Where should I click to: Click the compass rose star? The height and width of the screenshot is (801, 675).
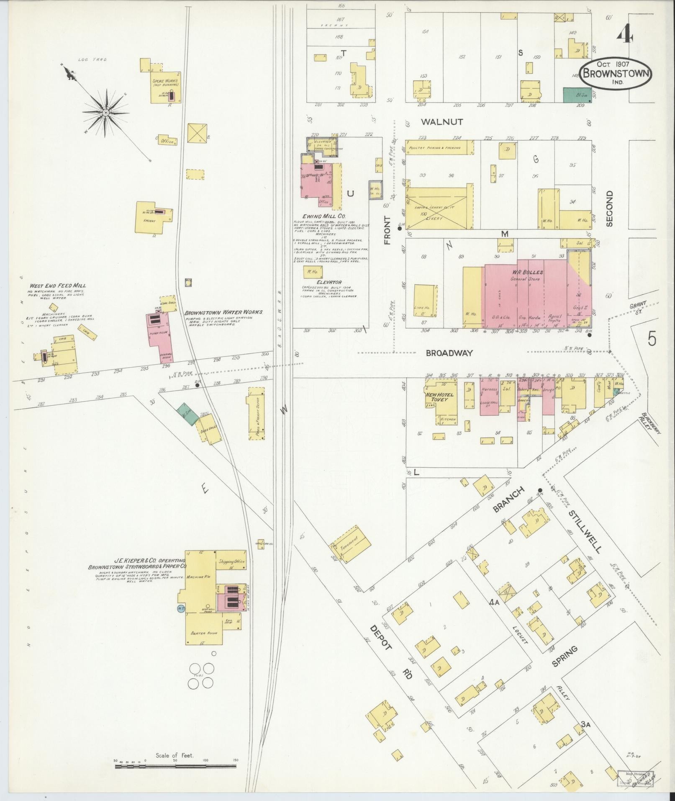pyautogui.click(x=106, y=113)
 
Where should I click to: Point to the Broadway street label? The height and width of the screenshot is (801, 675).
pyautogui.click(x=449, y=353)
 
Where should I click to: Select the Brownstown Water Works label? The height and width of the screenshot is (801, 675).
pyautogui.click(x=223, y=312)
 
